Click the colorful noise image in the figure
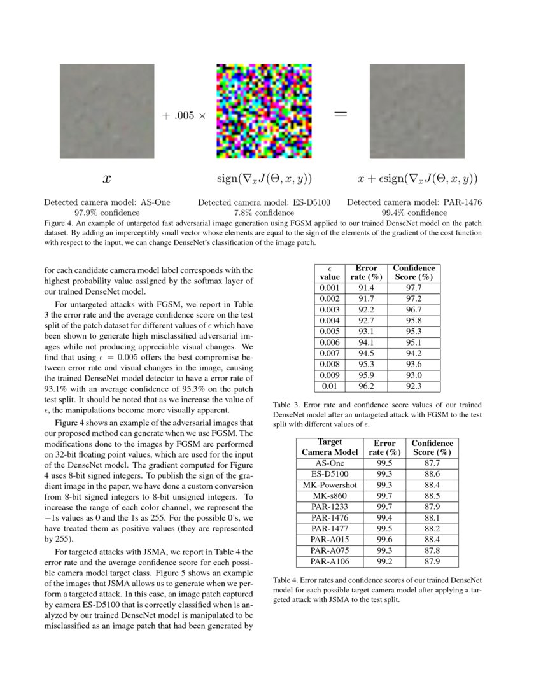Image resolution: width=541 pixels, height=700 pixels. tap(263, 111)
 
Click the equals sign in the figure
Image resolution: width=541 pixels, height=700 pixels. tap(341, 115)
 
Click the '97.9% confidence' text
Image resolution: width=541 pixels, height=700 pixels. tap(107, 212)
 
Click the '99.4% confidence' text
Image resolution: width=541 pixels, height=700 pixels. tap(414, 212)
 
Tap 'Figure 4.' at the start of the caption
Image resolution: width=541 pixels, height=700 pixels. tap(59, 223)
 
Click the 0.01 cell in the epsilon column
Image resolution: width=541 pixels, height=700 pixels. tap(330, 385)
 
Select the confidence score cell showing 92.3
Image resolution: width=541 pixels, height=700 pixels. tap(414, 385)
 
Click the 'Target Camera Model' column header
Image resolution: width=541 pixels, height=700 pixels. tap(330, 447)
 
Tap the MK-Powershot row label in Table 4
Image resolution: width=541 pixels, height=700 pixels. tap(330, 485)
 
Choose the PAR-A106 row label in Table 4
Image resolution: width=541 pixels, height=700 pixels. tap(330, 561)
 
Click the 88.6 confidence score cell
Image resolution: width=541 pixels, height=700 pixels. tap(432, 474)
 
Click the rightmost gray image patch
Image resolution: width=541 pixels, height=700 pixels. tap(417, 111)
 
